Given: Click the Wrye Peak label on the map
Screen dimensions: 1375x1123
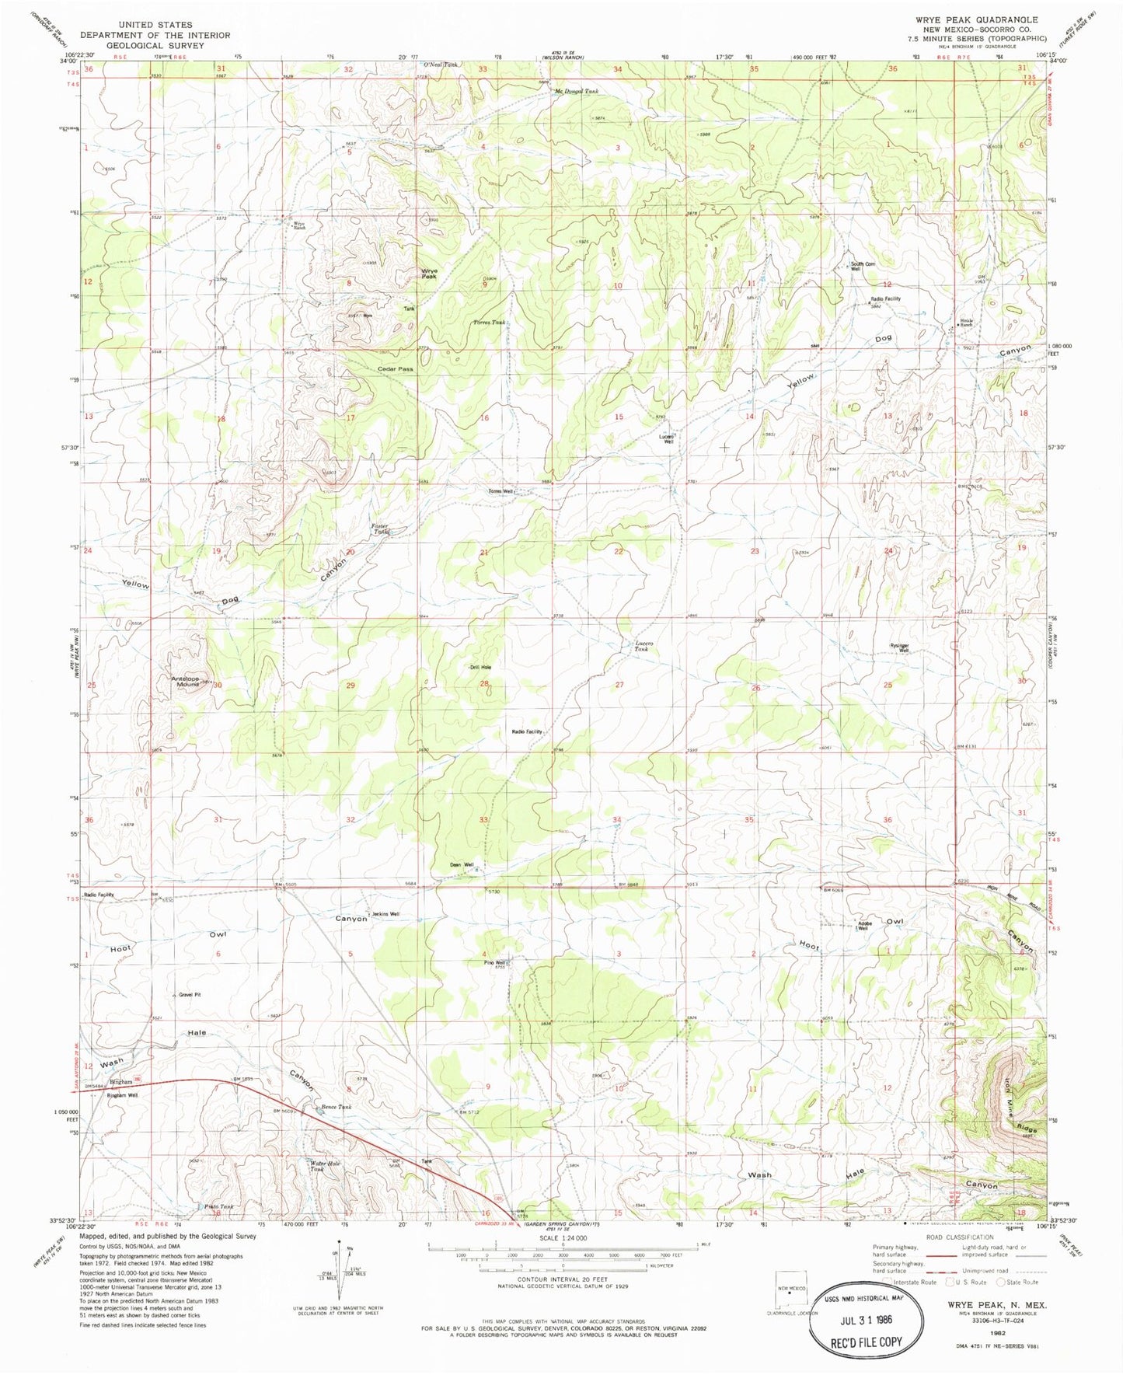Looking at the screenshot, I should coord(429,274).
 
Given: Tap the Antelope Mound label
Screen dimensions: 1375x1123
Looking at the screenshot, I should coord(187,682).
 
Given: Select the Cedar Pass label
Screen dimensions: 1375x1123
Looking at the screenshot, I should coord(395,369).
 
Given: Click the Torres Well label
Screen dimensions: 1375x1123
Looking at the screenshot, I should coord(500,492).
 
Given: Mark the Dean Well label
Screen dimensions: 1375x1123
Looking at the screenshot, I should coord(461,864).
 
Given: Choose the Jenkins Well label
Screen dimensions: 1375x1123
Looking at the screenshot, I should coord(385,914).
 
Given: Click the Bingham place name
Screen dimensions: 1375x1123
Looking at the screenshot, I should coord(120,1082).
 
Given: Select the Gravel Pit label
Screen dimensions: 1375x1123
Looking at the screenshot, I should coord(190,995).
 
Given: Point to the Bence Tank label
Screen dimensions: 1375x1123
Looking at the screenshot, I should coord(337,1107).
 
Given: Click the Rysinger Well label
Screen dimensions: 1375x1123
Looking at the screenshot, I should coord(900,647).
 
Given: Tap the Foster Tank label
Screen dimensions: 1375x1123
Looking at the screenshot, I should coord(380,529).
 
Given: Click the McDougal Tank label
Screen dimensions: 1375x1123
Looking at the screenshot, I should coord(576,92).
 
